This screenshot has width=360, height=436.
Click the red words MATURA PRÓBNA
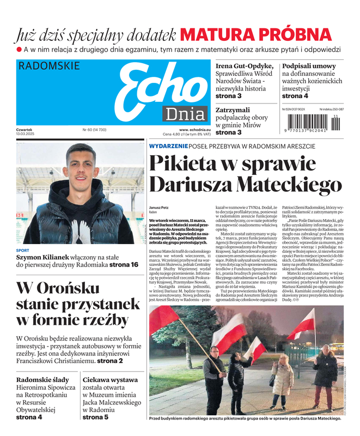coord(255,34)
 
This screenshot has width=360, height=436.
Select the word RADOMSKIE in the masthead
coord(48,66)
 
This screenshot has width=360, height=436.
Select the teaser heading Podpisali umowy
coord(309,66)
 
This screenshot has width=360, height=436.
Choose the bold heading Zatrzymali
coord(236,110)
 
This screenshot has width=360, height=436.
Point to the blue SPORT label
coord(22,251)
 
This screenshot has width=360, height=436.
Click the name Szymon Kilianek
coord(41,257)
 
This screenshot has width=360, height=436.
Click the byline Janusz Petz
coord(158,208)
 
